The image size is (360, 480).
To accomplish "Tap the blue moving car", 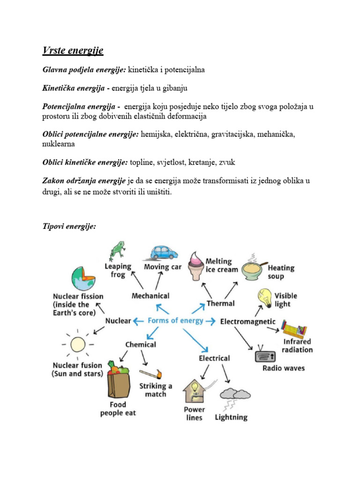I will pos(164,253).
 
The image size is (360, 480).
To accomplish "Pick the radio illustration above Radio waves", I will pos(266,355).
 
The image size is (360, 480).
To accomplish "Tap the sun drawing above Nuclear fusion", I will pos(77,345).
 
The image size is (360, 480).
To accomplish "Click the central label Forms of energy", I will pos(175,321).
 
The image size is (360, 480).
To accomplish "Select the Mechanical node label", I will pos(150,296).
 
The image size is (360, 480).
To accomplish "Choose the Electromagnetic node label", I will pos(247,322).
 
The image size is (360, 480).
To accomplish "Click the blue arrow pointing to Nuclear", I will pos(138,321).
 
